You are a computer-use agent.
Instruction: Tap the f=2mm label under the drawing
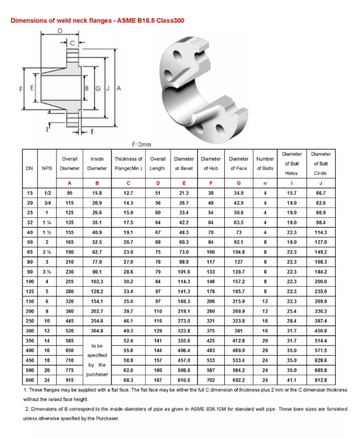click(142, 144)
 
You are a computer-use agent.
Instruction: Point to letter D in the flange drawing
click(59, 32)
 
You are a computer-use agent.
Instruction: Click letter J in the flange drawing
click(108, 88)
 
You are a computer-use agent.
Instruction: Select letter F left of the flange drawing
click(20, 88)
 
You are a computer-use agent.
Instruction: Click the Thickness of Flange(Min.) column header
click(129, 164)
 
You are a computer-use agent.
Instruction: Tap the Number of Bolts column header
click(265, 164)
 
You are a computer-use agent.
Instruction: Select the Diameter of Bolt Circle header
click(321, 164)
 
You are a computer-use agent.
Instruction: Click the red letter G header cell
click(238, 183)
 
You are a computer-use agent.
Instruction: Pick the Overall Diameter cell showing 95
click(69, 193)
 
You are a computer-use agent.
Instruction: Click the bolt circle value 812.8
click(321, 380)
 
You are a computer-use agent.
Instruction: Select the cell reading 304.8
click(97, 330)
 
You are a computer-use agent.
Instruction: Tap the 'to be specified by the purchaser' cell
click(97, 360)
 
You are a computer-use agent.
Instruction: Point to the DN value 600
click(30, 380)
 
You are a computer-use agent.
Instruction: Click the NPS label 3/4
click(47, 202)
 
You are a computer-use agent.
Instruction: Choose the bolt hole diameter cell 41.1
click(291, 380)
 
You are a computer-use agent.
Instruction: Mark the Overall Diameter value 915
click(69, 380)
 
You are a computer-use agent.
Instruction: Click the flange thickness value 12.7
click(129, 193)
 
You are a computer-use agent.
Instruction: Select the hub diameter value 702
click(210, 380)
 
